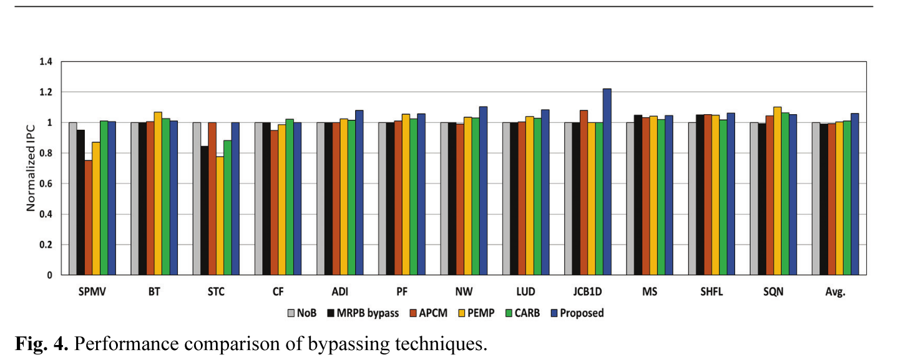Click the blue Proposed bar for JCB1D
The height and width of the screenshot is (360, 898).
607,182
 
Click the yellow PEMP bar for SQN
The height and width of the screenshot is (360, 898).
777,190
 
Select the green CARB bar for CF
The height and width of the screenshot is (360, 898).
290,197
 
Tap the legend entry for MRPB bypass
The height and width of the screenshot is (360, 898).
363,313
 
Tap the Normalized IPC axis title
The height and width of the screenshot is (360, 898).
31,168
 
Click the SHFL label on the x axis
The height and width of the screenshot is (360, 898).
711,292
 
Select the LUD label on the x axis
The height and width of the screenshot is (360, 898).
525,292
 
